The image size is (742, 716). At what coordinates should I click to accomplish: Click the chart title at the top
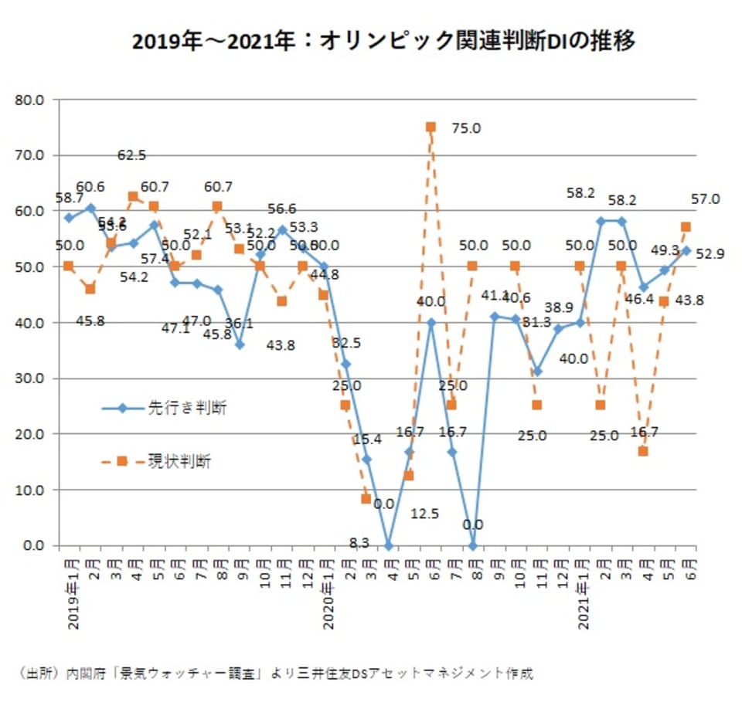tap(383, 40)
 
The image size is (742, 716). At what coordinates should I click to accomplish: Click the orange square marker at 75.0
tap(431, 127)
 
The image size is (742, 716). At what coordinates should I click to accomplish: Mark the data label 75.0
tap(465, 128)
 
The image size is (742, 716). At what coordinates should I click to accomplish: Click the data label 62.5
tap(132, 155)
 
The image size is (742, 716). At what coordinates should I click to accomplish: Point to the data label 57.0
tap(705, 199)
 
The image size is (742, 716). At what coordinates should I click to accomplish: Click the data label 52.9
tap(709, 254)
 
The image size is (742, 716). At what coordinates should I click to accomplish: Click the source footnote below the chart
tap(274, 674)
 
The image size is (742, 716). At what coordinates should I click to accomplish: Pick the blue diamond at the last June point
tap(686, 250)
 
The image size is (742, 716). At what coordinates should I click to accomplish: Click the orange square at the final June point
tap(686, 227)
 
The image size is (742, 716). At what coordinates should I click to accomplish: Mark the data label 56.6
tap(282, 209)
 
